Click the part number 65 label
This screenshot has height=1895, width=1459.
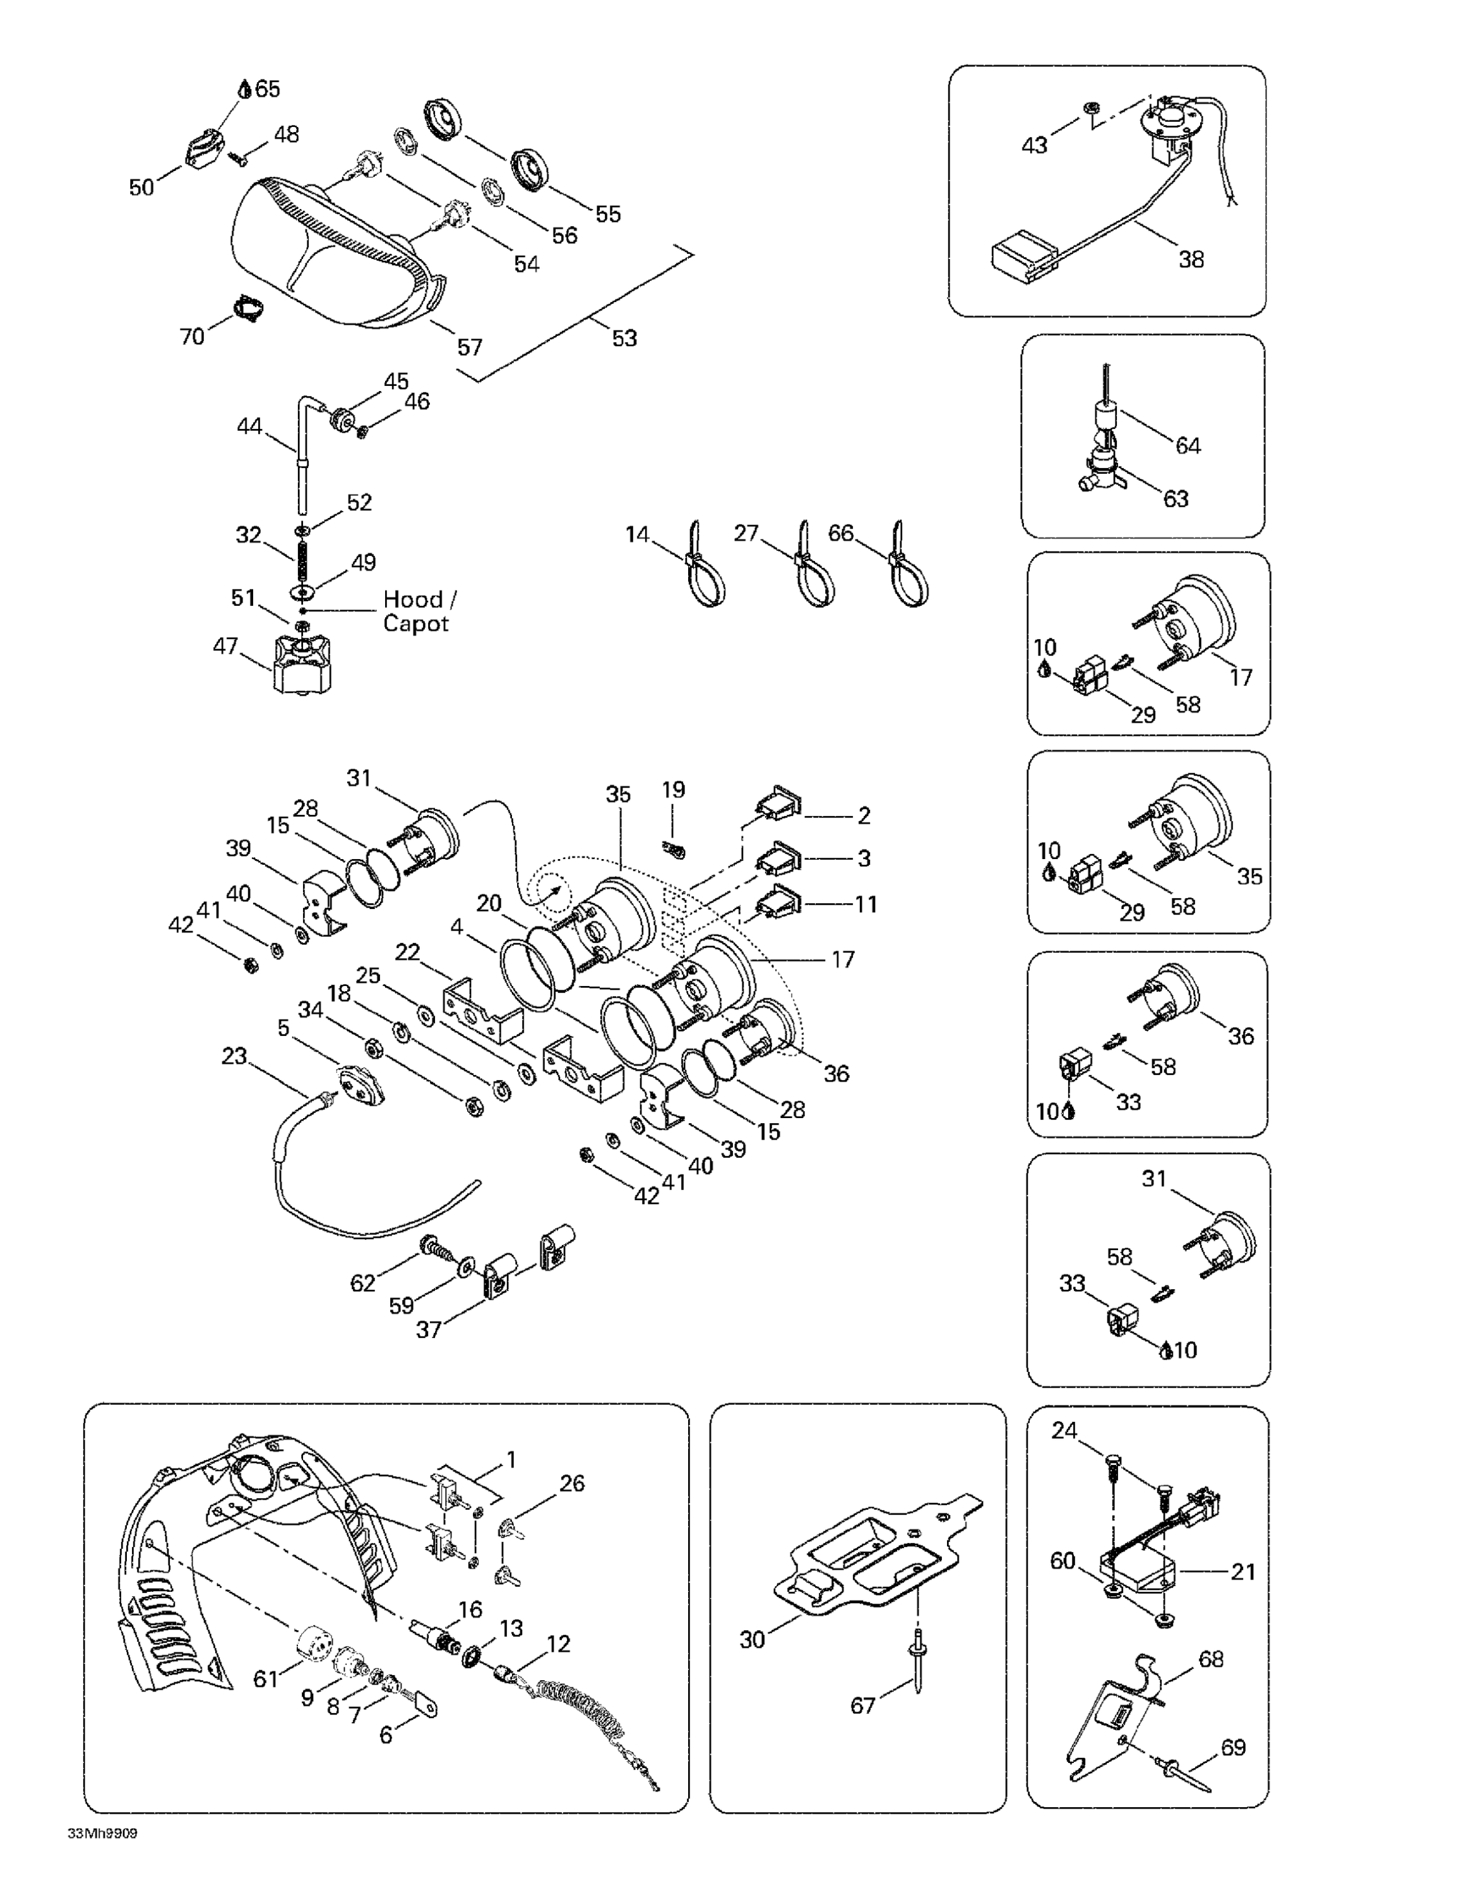point(267,88)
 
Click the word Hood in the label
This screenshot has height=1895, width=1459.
point(412,599)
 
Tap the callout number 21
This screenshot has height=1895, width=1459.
point(1243,1572)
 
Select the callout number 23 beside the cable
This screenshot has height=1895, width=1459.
point(234,1056)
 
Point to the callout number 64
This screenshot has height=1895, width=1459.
point(1188,445)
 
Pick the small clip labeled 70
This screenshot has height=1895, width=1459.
point(250,308)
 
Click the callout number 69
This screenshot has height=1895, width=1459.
point(1232,1747)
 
